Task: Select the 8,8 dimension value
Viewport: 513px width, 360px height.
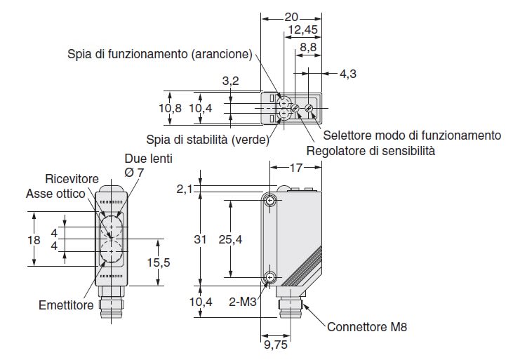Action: [x=307, y=48]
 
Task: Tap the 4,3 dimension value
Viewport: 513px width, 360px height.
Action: [x=347, y=73]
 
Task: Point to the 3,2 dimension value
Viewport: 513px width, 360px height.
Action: [x=231, y=81]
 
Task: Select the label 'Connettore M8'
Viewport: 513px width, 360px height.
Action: [x=366, y=327]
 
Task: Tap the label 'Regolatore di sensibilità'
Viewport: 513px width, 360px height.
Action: [x=371, y=150]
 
